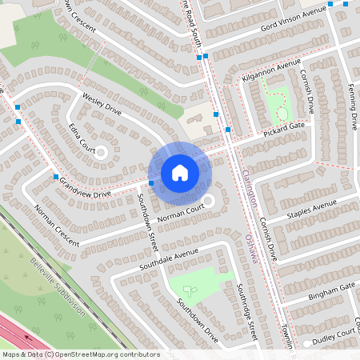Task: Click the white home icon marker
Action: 180,172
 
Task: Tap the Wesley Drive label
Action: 102,103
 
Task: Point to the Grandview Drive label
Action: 84,187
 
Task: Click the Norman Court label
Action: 178,210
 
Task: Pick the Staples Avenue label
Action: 314,210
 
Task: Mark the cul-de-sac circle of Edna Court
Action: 102,150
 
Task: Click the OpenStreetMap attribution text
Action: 80,354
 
